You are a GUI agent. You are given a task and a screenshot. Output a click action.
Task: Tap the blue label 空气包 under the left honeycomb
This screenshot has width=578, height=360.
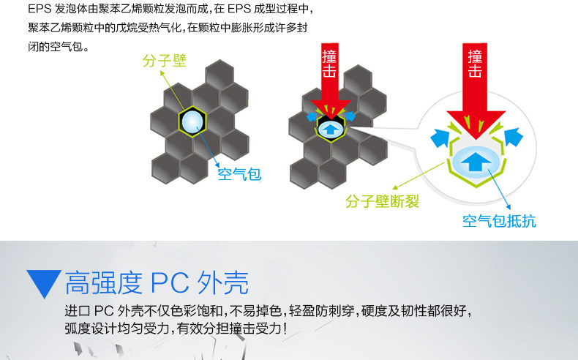pos(239,174)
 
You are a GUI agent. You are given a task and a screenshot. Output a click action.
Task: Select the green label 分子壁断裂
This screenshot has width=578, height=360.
pos(383,201)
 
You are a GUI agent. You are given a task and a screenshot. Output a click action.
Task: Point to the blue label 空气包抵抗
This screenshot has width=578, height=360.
pos(499,220)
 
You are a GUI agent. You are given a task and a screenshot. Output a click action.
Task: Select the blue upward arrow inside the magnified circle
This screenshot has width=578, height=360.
pos(476,159)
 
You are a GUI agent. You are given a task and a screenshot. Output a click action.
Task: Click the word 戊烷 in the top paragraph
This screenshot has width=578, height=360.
pos(132,29)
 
